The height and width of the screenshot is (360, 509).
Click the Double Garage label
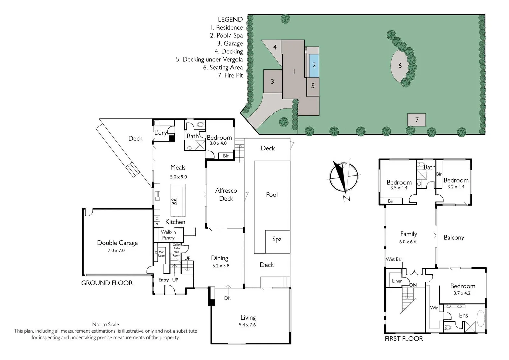tap(117, 243)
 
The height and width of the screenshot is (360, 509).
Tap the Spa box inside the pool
tap(277, 239)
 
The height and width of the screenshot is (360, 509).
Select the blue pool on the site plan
tap(314, 65)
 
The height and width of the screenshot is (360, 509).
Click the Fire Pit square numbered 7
tap(416, 120)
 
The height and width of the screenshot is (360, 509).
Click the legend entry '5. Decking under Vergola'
tap(209, 60)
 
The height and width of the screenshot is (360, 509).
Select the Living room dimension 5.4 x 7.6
tap(247, 325)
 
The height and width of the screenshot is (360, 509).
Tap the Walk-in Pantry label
tap(168, 235)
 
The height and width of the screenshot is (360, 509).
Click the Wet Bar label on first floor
tap(394, 259)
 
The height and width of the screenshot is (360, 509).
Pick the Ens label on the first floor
tap(463, 316)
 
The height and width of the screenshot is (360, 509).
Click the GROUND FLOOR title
tap(107, 283)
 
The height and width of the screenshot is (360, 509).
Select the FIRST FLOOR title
tap(404, 339)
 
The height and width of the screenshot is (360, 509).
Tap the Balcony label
tap(454, 238)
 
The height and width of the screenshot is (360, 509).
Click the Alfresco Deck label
tap(226, 195)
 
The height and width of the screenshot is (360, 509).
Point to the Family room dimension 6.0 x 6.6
tap(408, 242)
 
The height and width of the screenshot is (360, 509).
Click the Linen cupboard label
tap(397, 281)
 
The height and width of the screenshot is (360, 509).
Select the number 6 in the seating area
tap(400, 66)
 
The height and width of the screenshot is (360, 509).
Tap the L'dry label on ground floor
tap(160, 133)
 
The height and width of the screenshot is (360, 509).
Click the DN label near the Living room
tap(228, 298)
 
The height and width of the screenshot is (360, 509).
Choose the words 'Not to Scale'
tap(105, 325)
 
